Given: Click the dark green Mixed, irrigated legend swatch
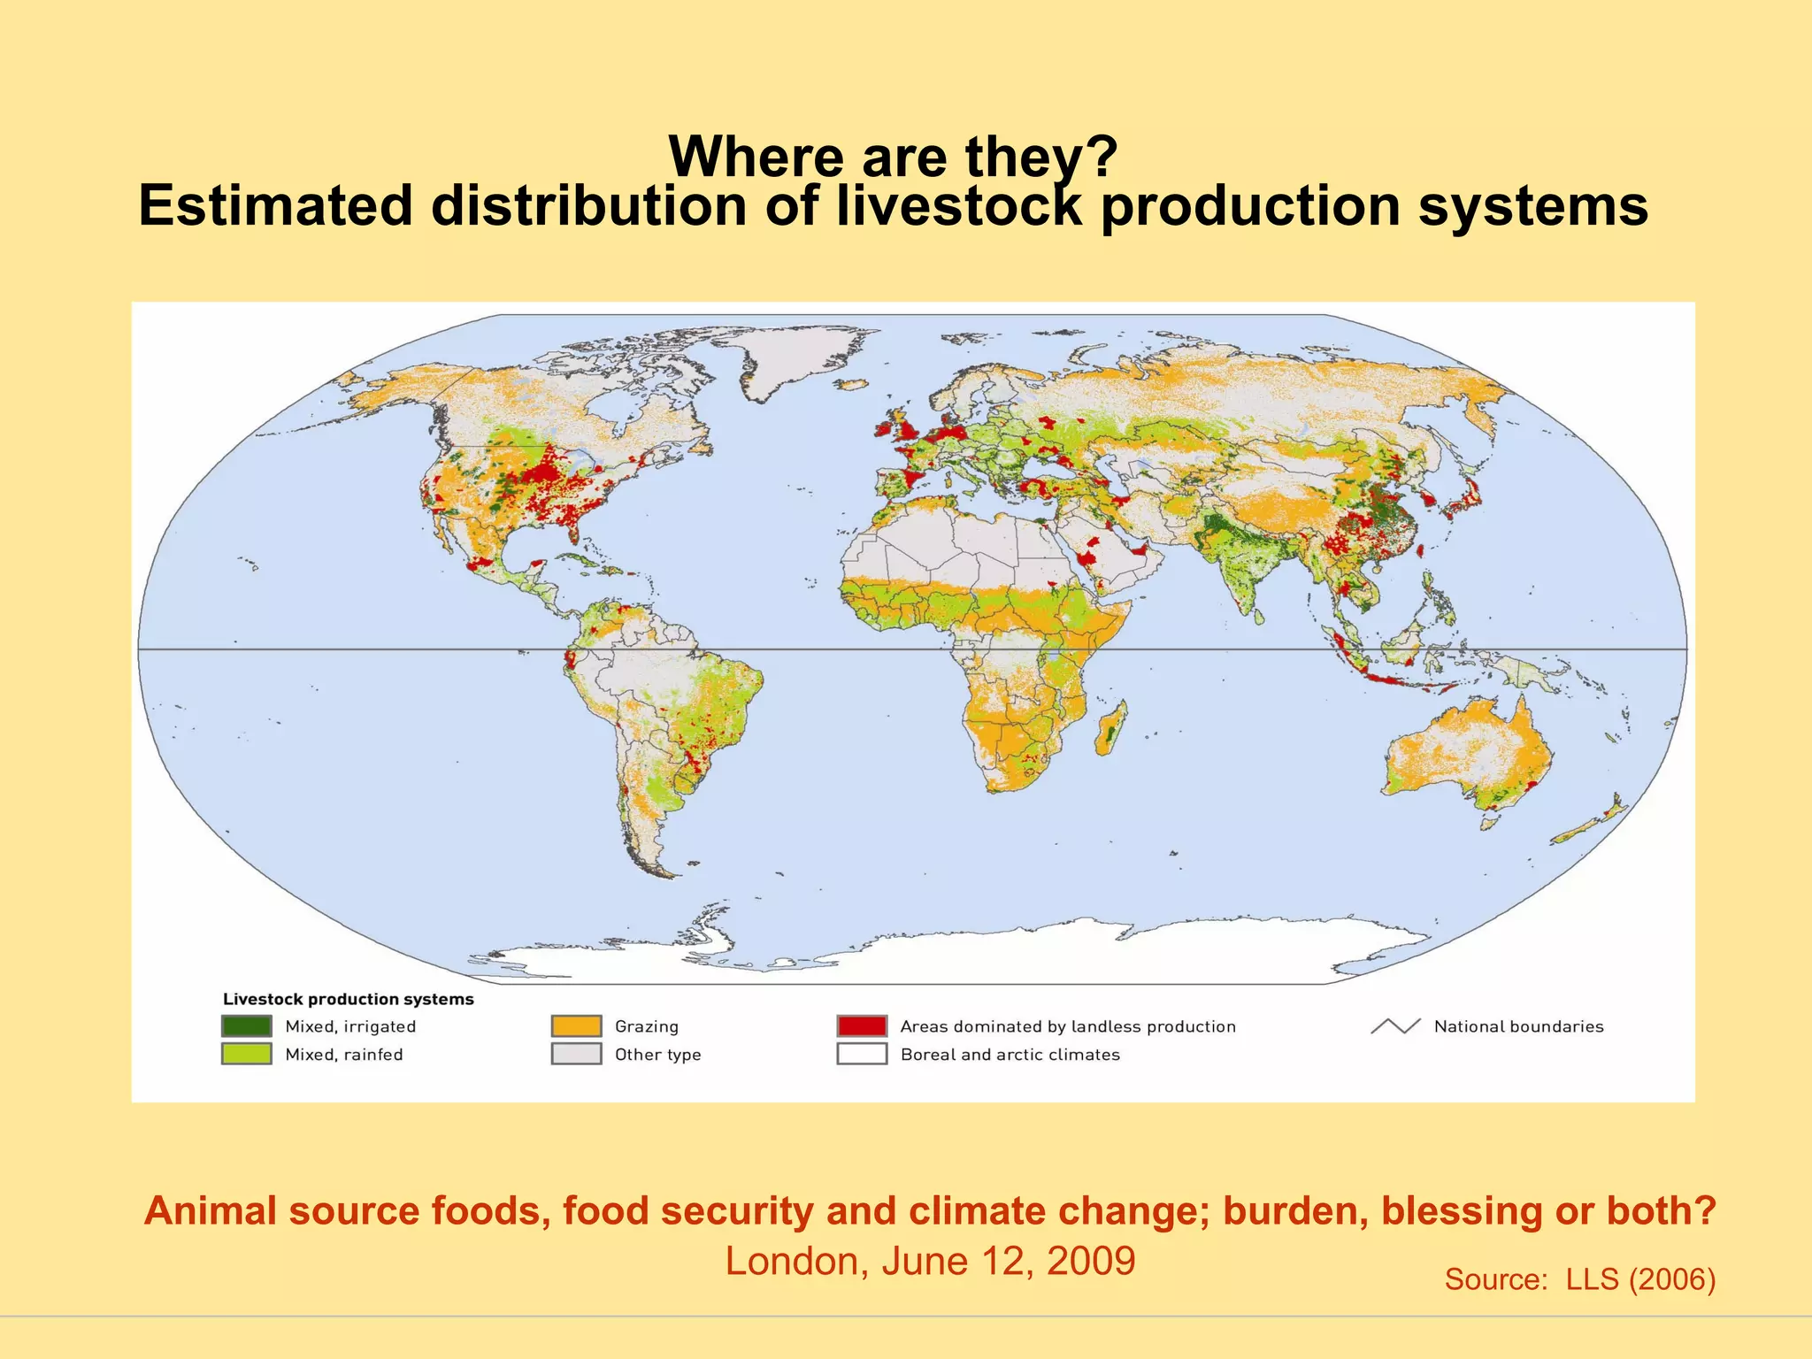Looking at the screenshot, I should click(x=246, y=1025).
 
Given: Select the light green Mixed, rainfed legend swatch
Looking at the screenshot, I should click(x=246, y=1054).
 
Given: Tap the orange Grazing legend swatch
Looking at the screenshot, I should click(x=576, y=1025).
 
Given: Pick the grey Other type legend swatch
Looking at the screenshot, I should click(x=576, y=1054).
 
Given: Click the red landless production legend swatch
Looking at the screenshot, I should click(x=862, y=1025).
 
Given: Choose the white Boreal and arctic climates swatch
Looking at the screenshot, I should click(x=862, y=1054).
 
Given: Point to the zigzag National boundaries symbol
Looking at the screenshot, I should click(x=1395, y=1026).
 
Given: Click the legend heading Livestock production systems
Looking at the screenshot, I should click(x=348, y=999).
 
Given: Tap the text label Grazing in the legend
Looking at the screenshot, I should click(x=646, y=1026).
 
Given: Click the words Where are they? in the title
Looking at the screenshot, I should click(x=894, y=156).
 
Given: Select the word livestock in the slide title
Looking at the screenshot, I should click(x=959, y=205).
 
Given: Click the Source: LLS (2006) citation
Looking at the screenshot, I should click(x=1579, y=1279).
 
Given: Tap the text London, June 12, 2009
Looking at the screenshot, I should click(x=930, y=1261).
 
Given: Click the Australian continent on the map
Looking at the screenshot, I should click(x=1469, y=752).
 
